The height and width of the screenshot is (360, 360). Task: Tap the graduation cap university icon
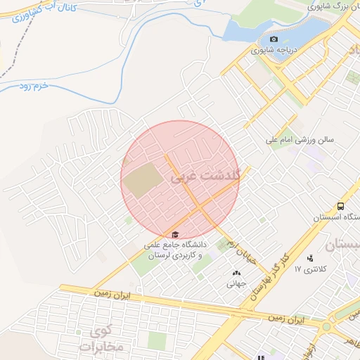pos(174,234)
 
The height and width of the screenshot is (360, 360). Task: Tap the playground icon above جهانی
pos(235,273)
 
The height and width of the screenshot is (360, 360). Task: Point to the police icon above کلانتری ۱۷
pos(310,257)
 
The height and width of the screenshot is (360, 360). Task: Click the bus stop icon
pos(340,207)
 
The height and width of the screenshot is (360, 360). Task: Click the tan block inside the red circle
pos(143,181)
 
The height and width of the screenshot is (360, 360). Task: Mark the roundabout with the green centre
pos(326,327)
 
